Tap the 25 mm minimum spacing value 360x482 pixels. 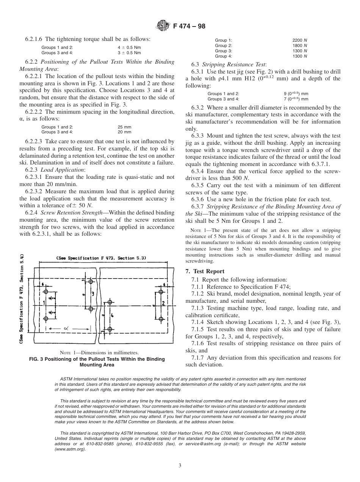pyautogui.click(x=124, y=127)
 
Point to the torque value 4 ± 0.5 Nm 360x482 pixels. pyautogui.click(x=129, y=48)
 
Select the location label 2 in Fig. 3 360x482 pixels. pyautogui.click(x=163, y=303)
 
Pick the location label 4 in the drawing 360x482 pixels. pyautogui.click(x=112, y=315)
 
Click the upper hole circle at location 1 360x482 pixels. pyautogui.click(x=46, y=291)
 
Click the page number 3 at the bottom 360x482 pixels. pyautogui.click(x=180, y=466)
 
